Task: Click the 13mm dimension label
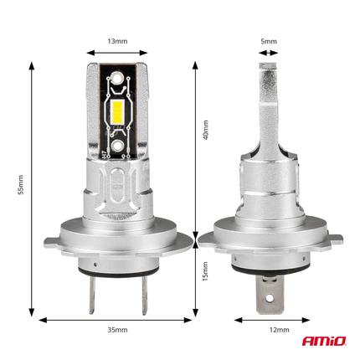pos(118,40)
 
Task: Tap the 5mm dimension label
pos(268,40)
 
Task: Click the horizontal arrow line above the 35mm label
pos(118,319)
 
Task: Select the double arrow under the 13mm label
pos(118,53)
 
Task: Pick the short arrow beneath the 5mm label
pos(268,53)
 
